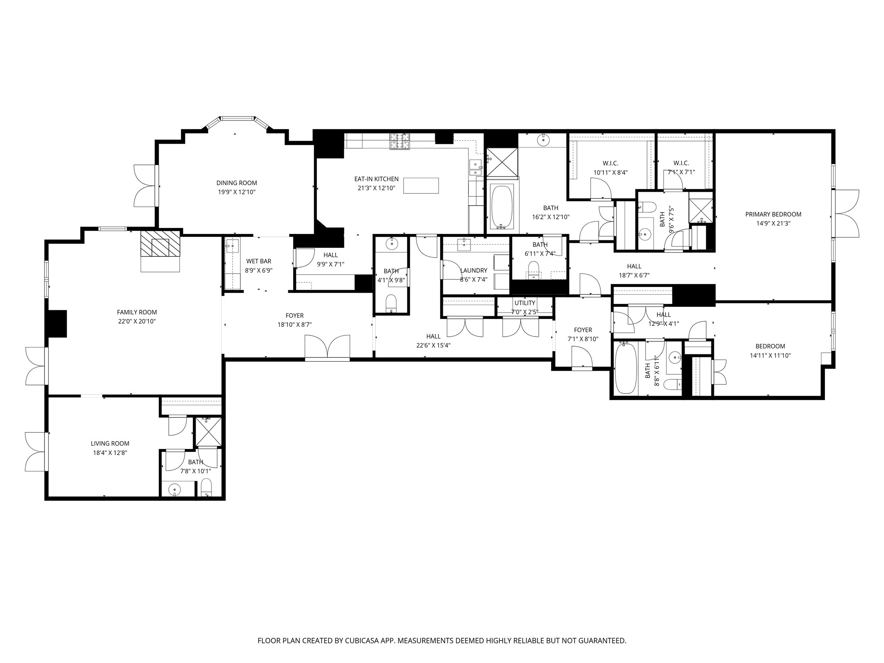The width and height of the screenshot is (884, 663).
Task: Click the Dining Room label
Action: click(x=237, y=183)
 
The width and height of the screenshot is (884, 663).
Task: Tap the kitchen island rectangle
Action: click(x=421, y=186)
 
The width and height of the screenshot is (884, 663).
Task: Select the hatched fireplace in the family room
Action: click(x=160, y=243)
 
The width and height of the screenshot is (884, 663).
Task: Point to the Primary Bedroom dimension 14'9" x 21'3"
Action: click(x=773, y=224)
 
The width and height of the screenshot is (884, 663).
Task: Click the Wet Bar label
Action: click(x=259, y=261)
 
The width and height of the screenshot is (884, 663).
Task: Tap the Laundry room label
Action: click(x=474, y=271)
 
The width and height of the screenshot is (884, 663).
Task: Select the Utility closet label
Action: click(x=524, y=303)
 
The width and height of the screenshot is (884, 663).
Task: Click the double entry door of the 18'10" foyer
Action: click(x=328, y=348)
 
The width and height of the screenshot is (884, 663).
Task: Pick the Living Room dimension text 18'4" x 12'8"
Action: click(x=110, y=453)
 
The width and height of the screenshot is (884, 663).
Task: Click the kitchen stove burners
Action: click(x=400, y=141)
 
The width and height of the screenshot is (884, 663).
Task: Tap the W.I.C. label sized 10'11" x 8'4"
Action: click(x=610, y=163)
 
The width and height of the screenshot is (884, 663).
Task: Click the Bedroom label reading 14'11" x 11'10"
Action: click(x=770, y=346)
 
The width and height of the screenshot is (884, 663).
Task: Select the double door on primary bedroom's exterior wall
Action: click(x=846, y=213)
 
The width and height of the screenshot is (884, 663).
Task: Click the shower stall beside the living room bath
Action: click(x=208, y=432)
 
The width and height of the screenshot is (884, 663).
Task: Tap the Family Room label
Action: click(x=137, y=312)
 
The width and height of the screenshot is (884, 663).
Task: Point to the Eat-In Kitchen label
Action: click(x=376, y=179)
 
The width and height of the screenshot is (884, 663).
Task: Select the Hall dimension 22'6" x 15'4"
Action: click(x=433, y=345)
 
